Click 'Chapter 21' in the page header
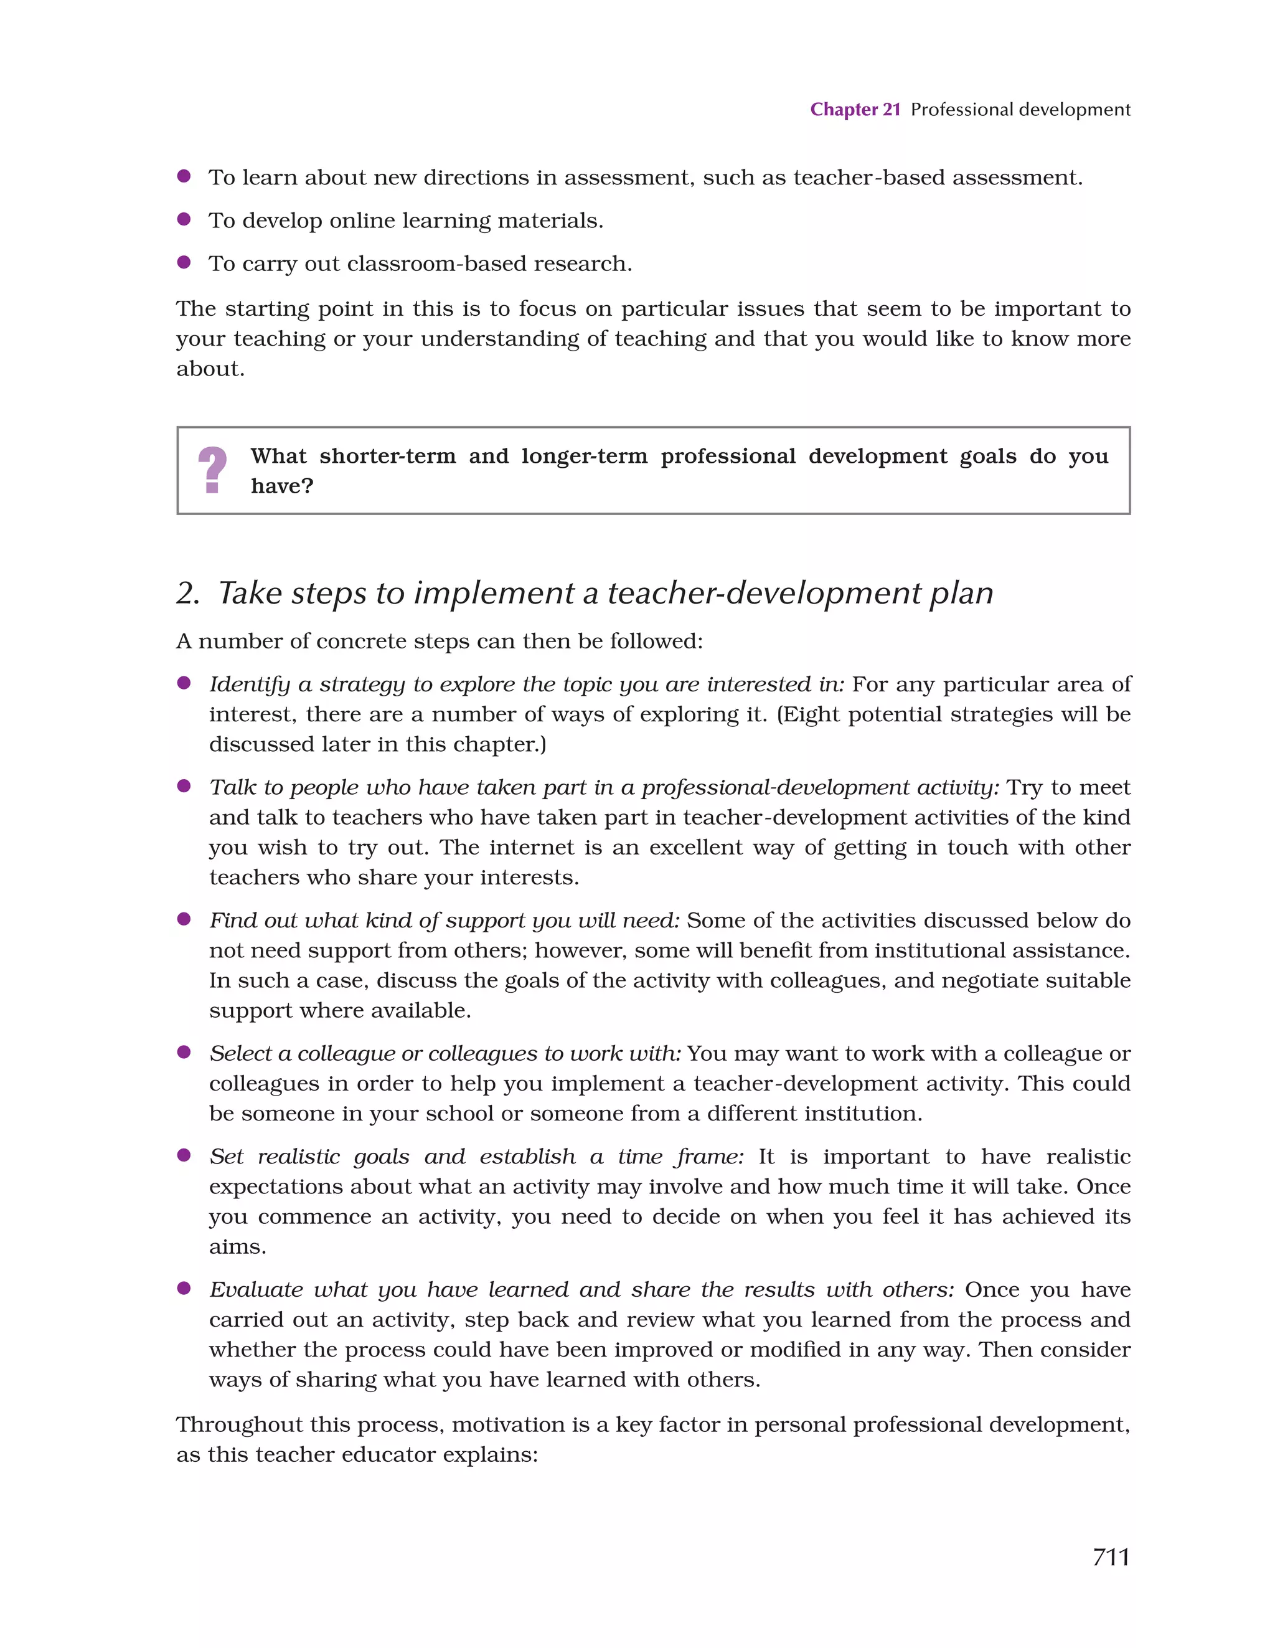coord(855,110)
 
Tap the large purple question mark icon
coord(212,470)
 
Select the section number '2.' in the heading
coord(188,593)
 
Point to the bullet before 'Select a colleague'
coord(183,1053)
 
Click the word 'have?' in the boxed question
coord(281,486)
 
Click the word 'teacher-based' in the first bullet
coord(868,178)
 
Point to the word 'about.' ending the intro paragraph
coord(210,369)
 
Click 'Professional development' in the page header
coord(1020,110)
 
